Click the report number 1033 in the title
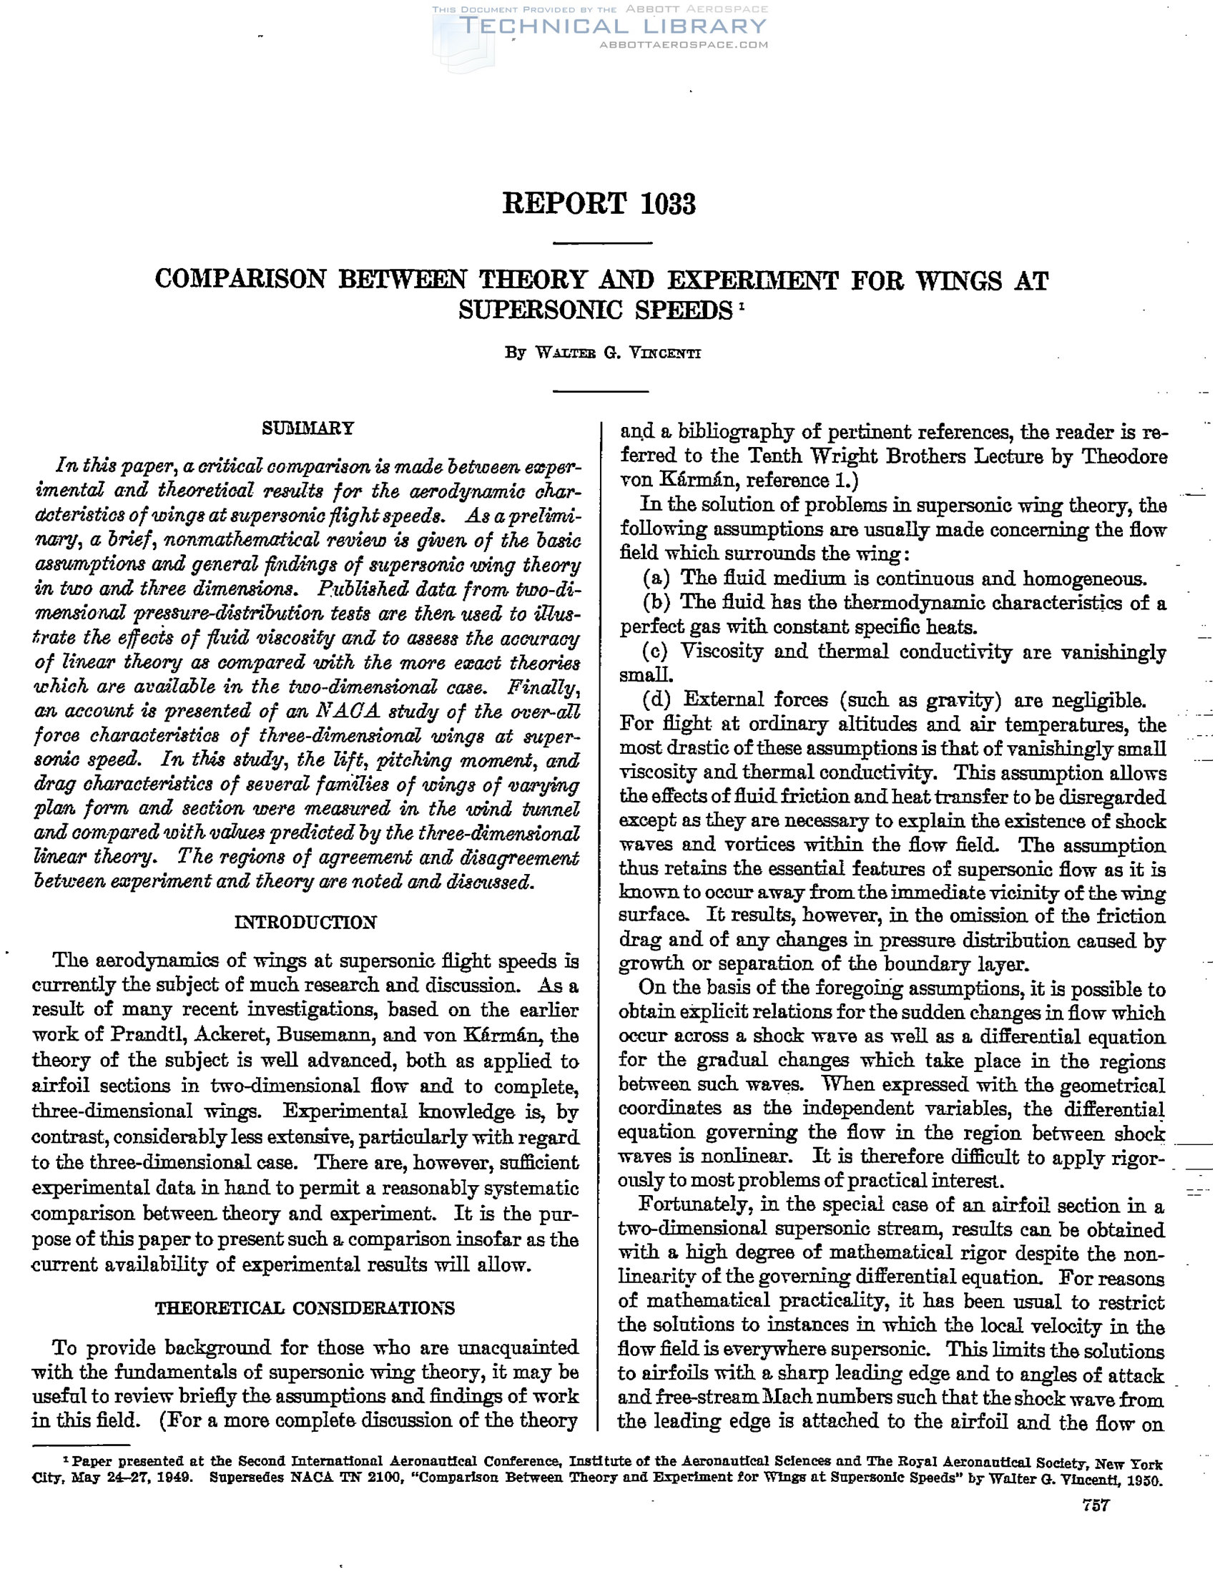(666, 205)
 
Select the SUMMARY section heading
(308, 428)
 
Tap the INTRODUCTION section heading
(305, 923)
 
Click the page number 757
(1096, 1526)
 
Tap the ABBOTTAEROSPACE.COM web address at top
(684, 44)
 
